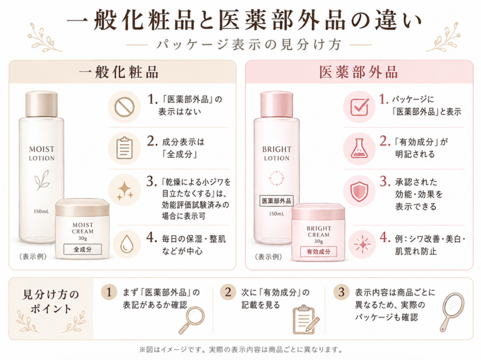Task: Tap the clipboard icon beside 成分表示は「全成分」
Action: pos(124,148)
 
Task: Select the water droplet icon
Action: pos(126,244)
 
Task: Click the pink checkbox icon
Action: pos(359,107)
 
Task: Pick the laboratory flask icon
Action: pos(359,148)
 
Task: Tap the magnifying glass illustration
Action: pos(192,320)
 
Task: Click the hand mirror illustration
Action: pos(452,312)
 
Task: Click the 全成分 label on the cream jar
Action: pos(83,249)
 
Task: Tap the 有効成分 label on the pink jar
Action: pos(318,252)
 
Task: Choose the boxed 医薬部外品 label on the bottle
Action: pos(276,201)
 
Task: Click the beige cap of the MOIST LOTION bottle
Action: pos(41,104)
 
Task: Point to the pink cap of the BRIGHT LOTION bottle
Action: pos(277,104)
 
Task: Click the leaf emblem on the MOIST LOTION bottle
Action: pos(42,180)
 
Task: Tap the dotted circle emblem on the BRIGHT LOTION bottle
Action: pos(277,178)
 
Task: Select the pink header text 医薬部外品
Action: pos(358,72)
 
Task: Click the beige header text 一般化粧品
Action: pos(119,72)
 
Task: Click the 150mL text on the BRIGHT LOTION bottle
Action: pos(276,214)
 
